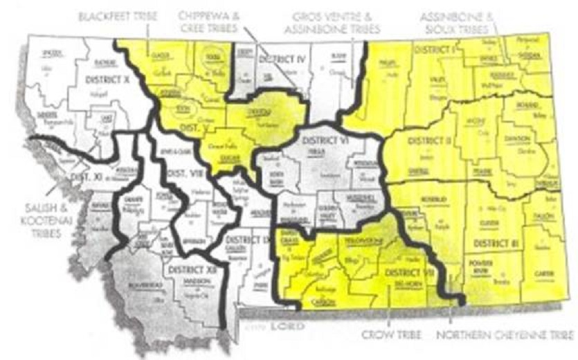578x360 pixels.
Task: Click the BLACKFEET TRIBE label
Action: pos(118,15)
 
